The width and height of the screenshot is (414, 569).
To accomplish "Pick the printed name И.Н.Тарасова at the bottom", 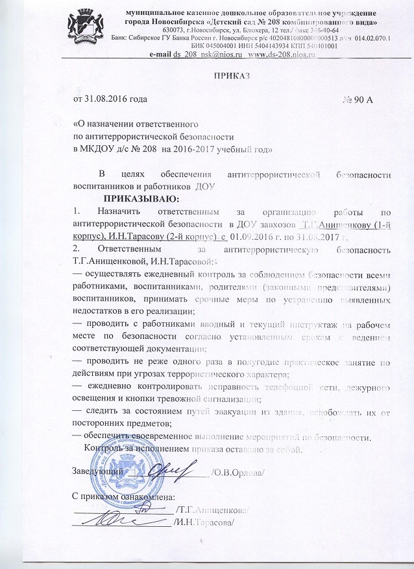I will coord(204,523).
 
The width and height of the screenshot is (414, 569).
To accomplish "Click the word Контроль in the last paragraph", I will coord(106,448).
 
